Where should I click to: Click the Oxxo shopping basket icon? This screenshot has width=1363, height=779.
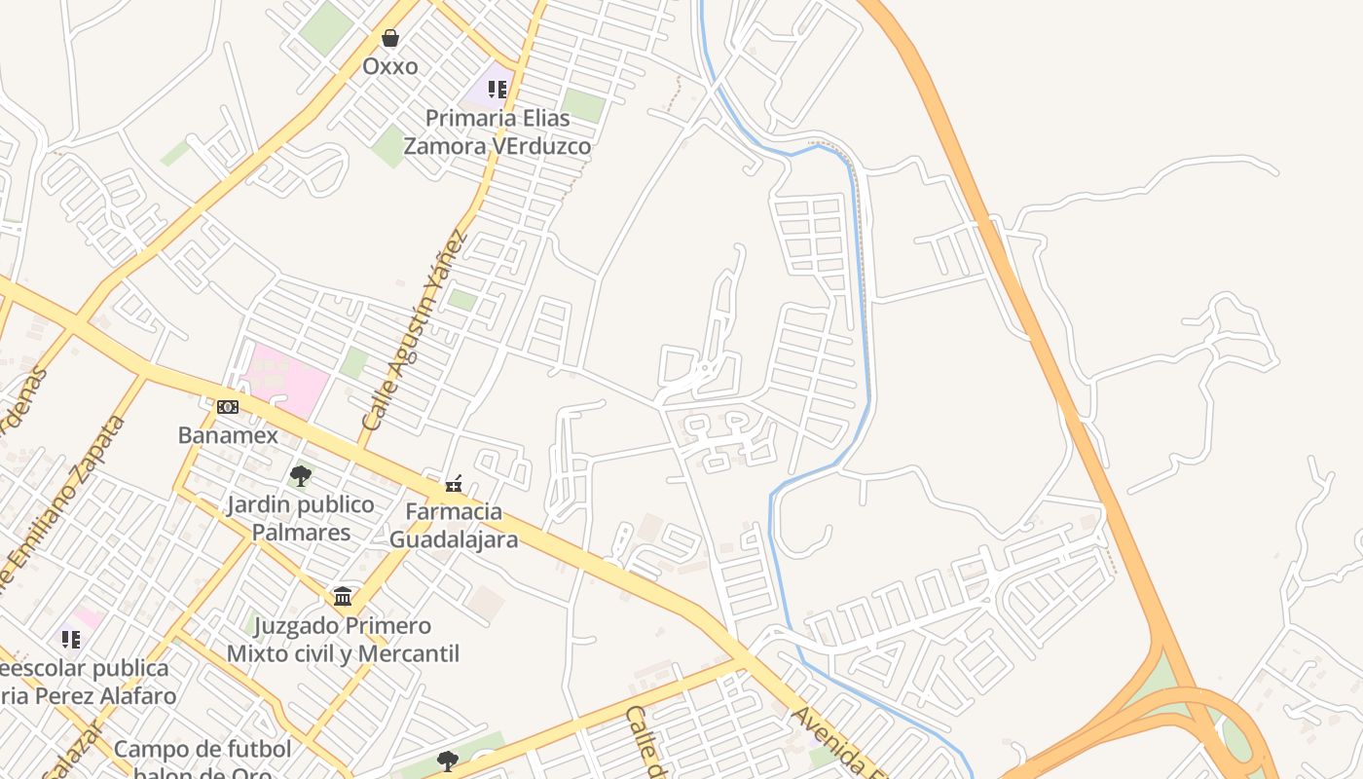pyautogui.click(x=390, y=38)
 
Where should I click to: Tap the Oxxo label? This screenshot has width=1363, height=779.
pyautogui.click(x=390, y=66)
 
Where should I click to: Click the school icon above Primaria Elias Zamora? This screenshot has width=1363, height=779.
pyautogui.click(x=497, y=90)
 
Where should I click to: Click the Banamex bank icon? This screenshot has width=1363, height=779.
pyautogui.click(x=228, y=406)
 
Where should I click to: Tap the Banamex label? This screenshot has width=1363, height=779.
pyautogui.click(x=228, y=434)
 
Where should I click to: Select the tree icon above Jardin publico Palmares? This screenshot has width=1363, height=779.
pyautogui.click(x=301, y=476)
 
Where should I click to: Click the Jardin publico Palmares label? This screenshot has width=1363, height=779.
pyautogui.click(x=301, y=518)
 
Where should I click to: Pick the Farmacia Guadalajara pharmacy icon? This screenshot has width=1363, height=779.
pyautogui.click(x=454, y=483)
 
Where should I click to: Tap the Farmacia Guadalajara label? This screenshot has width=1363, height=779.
pyautogui.click(x=454, y=525)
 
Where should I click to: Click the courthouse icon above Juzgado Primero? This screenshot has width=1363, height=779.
pyautogui.click(x=343, y=596)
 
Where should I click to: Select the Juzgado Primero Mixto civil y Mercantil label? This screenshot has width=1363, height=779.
pyautogui.click(x=343, y=639)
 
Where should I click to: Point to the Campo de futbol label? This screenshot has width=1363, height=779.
pyautogui.click(x=203, y=749)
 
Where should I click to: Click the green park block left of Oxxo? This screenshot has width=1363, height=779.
pyautogui.click(x=326, y=28)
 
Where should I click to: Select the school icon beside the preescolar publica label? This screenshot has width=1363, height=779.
pyautogui.click(x=71, y=639)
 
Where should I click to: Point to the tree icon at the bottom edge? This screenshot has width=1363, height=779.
pyautogui.click(x=448, y=760)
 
